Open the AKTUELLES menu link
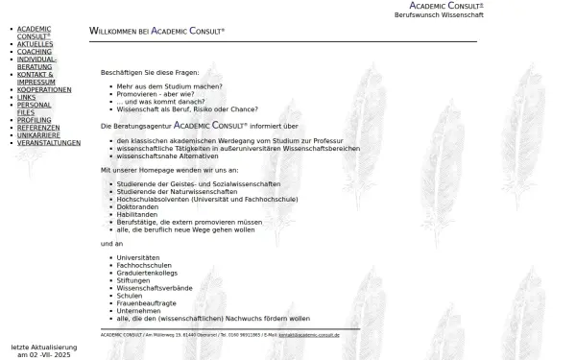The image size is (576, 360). pyautogui.click(x=36, y=44)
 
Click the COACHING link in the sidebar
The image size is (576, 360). pyautogui.click(x=35, y=52)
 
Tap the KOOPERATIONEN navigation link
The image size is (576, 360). pyautogui.click(x=44, y=89)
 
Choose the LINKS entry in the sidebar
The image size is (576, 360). pyautogui.click(x=26, y=97)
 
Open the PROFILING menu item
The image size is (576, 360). pyautogui.click(x=35, y=120)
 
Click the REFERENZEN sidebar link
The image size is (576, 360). pyautogui.click(x=38, y=128)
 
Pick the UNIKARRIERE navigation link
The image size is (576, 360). pyautogui.click(x=39, y=135)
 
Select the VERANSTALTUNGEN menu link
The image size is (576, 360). pyautogui.click(x=49, y=143)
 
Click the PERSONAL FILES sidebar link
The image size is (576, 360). pyautogui.click(x=35, y=108)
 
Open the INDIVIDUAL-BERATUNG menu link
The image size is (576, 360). pyautogui.click(x=37, y=63)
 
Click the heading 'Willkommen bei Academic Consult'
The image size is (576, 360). pyautogui.click(x=156, y=32)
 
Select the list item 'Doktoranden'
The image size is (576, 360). pyautogui.click(x=139, y=206)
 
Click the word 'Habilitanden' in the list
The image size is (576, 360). pyautogui.click(x=140, y=214)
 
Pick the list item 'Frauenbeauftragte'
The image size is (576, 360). pyautogui.click(x=146, y=303)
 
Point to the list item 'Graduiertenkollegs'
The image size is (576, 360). pyautogui.click(x=149, y=273)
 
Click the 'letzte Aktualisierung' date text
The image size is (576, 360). pyautogui.click(x=41, y=350)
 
